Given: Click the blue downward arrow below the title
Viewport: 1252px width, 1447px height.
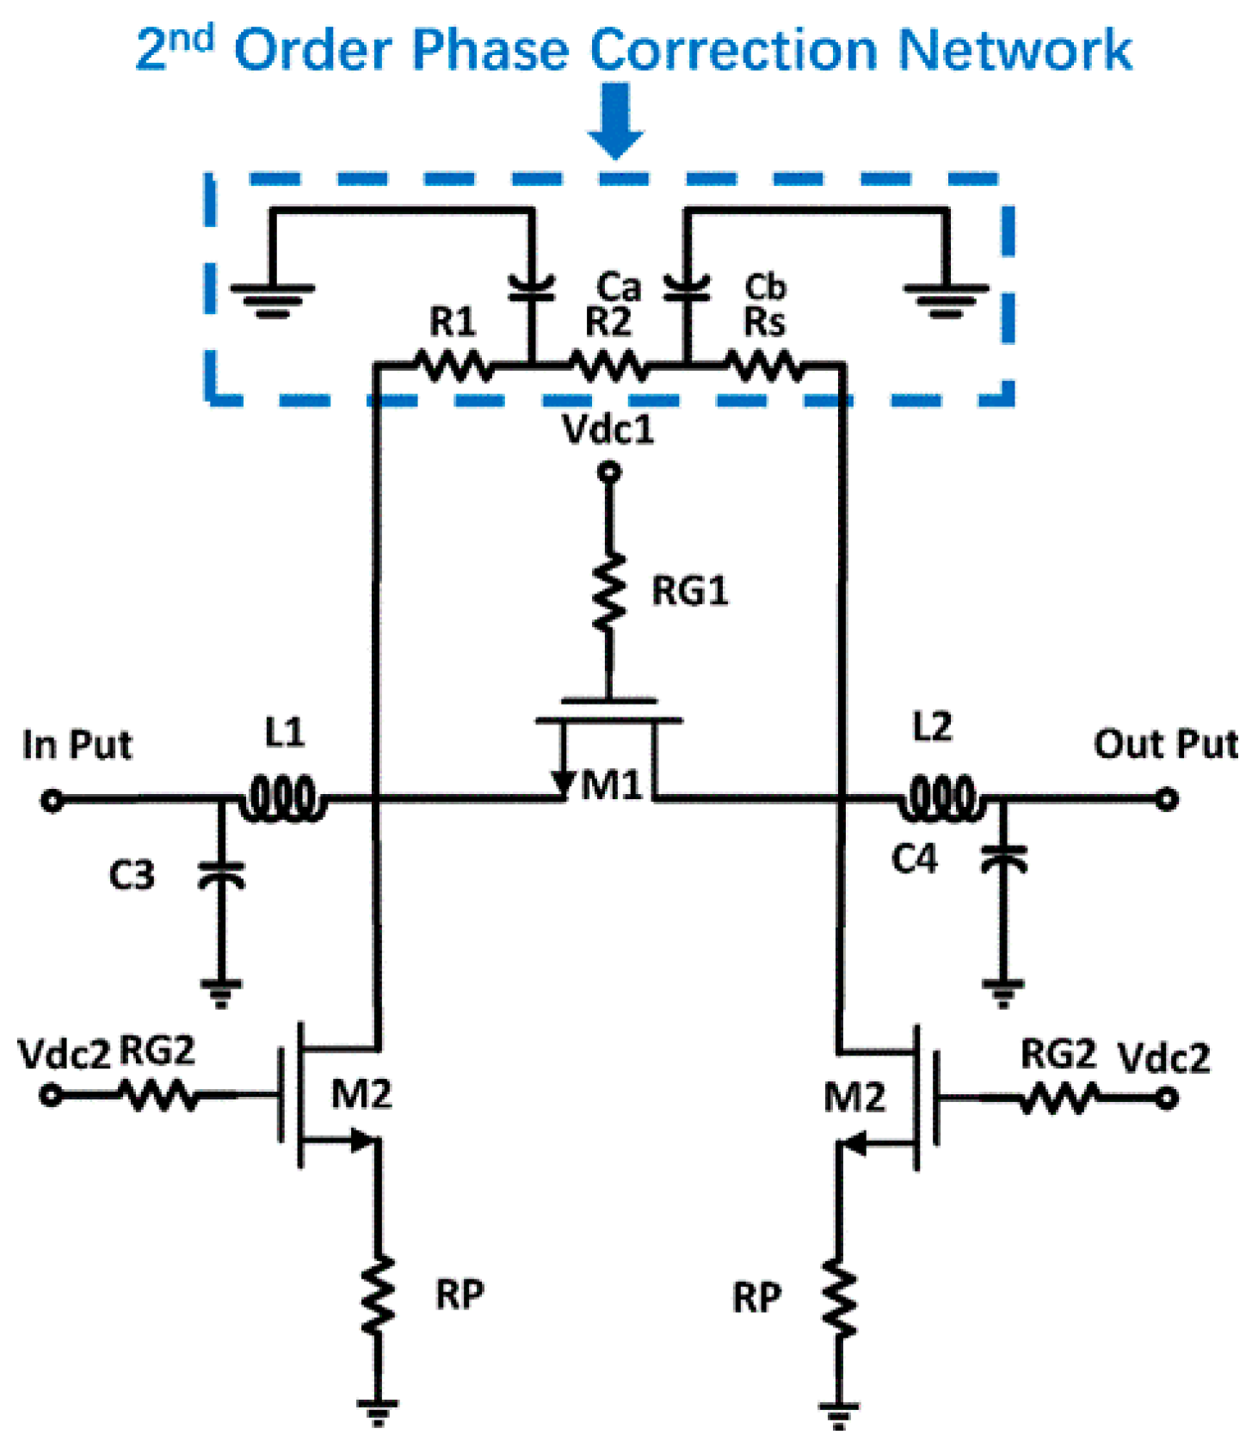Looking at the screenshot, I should coord(616,120).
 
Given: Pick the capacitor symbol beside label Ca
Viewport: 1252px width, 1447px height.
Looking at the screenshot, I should coord(531,289).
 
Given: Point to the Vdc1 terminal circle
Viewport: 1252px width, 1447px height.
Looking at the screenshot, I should coord(609,471).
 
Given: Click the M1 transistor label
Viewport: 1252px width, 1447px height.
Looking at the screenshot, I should coord(612,785).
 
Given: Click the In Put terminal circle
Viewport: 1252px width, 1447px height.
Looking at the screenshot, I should coord(52,801).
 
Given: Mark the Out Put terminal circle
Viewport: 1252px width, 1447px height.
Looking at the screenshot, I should coord(1166,799).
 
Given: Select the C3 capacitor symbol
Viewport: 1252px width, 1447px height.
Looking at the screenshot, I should coord(221,875).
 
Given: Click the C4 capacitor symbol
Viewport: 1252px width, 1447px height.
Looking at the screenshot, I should coord(1003,858).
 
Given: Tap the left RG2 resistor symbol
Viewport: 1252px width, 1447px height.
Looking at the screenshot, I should coord(158,1095).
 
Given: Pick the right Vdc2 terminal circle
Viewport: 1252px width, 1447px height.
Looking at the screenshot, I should coord(1166,1099).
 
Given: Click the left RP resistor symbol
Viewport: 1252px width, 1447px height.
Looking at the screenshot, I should coord(378,1295).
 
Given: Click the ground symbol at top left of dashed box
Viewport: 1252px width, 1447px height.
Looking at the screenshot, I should coord(273,298).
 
